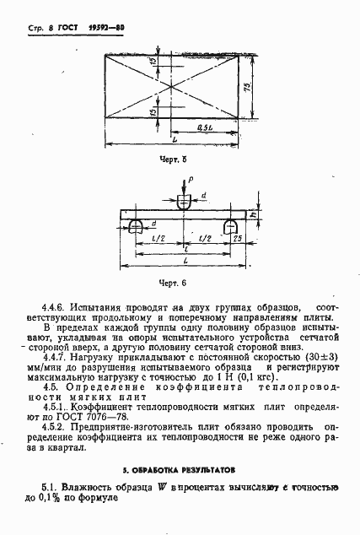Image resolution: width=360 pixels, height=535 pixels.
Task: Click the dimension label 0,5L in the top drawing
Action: [x=204, y=127]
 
